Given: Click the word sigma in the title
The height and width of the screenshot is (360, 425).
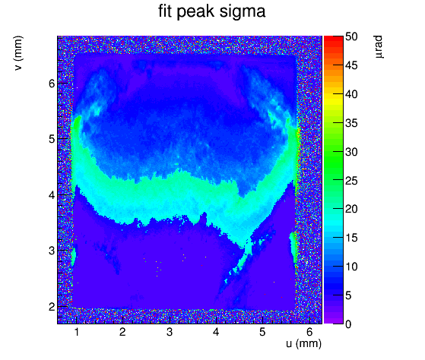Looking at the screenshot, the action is tap(243, 12).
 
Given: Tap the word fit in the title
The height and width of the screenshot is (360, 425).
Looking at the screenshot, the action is tap(165, 11).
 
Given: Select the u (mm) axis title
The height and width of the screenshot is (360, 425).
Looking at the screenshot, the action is tap(303, 343).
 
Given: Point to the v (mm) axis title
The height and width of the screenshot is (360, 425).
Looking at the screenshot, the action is tap(19, 53).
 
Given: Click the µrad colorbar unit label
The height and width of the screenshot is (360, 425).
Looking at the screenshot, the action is tap(379, 46).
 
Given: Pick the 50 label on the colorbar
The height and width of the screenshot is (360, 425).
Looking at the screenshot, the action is tap(351, 36).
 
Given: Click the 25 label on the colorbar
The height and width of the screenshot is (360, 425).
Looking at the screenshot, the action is tap(351, 181).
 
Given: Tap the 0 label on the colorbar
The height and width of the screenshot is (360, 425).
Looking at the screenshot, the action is tap(348, 324).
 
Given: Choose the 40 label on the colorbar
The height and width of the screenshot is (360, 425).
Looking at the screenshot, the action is tap(351, 94).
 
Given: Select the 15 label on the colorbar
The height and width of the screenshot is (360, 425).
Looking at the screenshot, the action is tap(351, 238).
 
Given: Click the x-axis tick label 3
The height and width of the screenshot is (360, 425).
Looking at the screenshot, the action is tap(170, 332).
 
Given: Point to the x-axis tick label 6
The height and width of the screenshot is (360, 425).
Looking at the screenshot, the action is tap(309, 332).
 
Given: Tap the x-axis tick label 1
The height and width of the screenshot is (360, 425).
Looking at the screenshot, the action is tap(77, 332).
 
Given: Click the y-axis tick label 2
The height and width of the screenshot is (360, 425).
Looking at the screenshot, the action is tap(52, 307).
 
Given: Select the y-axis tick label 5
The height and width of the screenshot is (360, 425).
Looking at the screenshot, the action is tap(52, 139).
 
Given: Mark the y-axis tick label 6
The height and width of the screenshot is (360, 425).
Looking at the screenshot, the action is tap(52, 84).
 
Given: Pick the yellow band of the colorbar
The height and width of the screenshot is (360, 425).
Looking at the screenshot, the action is tap(334, 99).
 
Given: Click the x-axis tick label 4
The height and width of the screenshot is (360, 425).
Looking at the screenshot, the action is tap(216, 332).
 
